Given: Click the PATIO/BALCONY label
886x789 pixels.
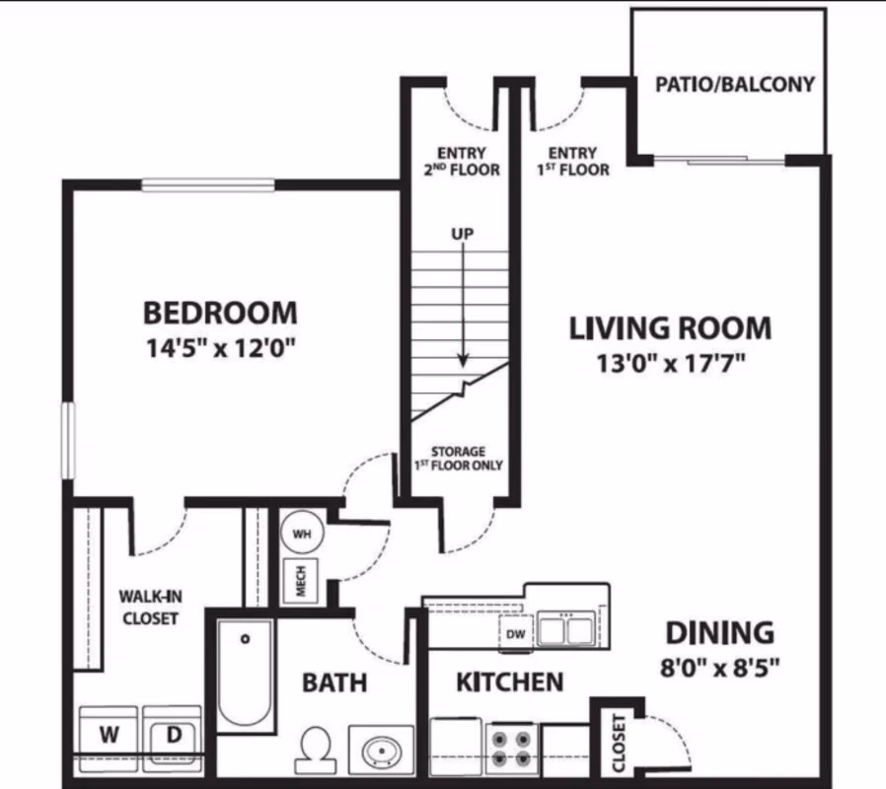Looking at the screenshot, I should (735, 85).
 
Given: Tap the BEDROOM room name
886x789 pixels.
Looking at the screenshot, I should (220, 314).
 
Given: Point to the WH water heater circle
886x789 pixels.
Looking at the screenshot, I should (303, 534).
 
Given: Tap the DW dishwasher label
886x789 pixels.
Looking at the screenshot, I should (515, 635).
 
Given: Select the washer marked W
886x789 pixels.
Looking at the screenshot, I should (109, 736).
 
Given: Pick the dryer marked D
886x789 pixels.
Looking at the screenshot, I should (172, 736).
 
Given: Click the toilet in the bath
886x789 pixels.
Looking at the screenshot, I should (316, 750).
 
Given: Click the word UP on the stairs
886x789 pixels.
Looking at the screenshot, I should (462, 235).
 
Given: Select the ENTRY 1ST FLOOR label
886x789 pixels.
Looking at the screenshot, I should (572, 161).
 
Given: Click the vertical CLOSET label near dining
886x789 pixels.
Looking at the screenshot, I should (619, 743).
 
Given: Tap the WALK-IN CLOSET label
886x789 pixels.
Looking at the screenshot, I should (149, 607).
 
